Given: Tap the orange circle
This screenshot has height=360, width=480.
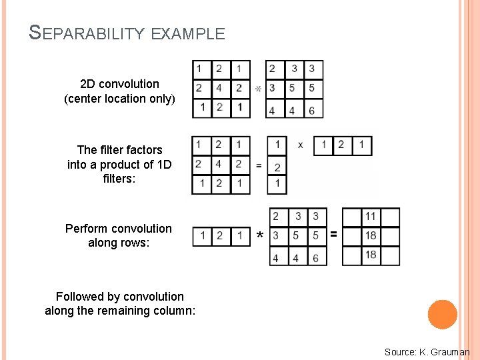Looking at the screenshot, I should [443, 315].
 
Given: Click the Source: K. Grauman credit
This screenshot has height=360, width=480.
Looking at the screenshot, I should [427, 351].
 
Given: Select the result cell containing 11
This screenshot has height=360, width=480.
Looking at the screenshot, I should [371, 217].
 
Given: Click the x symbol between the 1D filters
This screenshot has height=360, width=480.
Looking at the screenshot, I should [301, 145].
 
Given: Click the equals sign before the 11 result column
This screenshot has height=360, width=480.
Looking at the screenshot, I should [334, 235].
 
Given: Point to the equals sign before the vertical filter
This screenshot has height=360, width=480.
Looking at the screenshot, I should [259, 165].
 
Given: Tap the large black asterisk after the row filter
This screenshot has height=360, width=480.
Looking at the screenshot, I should [259, 236].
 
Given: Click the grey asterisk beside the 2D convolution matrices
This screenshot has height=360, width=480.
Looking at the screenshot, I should [258, 89].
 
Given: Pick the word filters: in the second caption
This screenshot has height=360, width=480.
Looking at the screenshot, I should [119, 179].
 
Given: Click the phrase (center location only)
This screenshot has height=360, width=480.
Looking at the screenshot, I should [119, 99].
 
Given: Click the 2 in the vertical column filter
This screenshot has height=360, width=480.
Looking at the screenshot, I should [277, 167].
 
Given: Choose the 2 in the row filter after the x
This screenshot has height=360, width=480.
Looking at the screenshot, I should [343, 145].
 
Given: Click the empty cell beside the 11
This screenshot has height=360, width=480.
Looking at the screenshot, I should [351, 217].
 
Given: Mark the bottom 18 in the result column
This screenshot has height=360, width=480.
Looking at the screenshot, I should [371, 255].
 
